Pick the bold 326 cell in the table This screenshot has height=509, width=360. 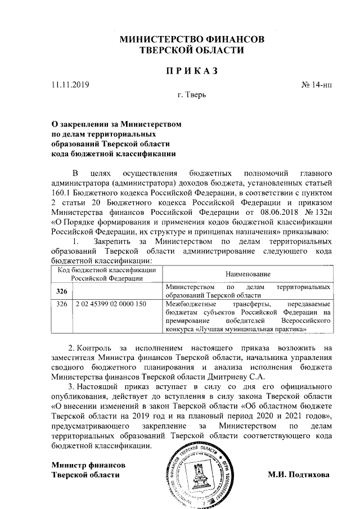(62, 291)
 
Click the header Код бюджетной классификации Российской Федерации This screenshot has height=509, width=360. (107, 274)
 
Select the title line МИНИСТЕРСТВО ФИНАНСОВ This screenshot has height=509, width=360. (191, 40)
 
